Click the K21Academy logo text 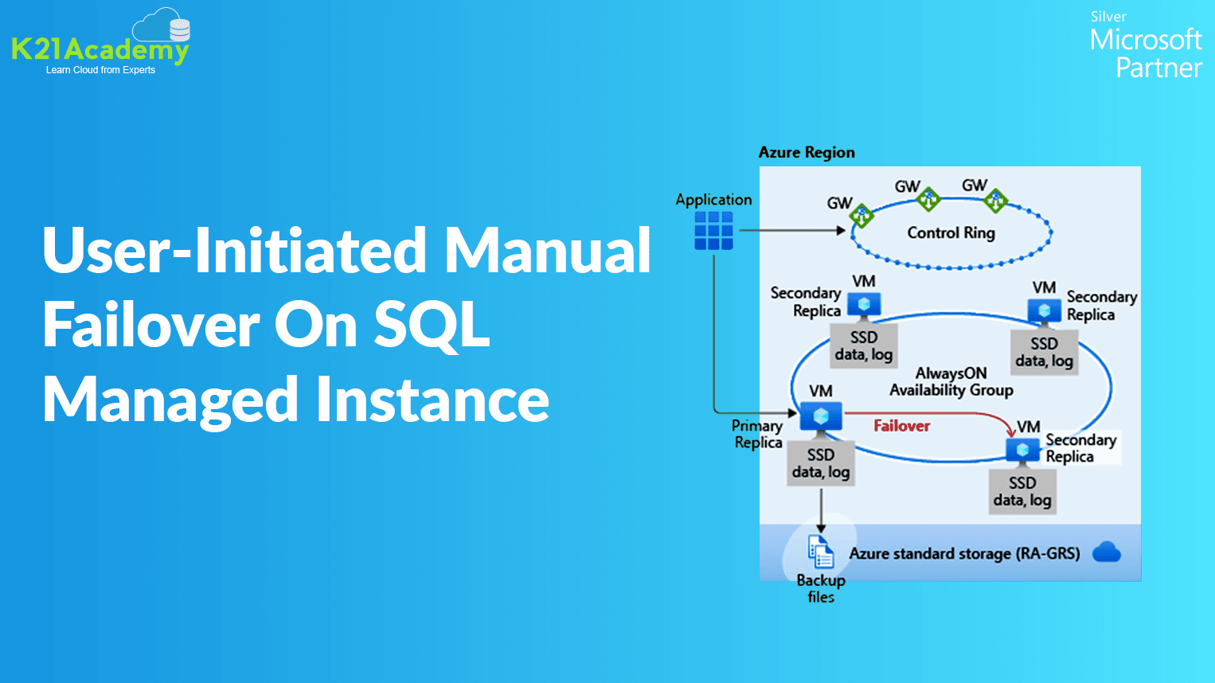100,50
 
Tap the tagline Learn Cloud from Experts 100,70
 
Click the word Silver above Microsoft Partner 1108,17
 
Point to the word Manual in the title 547,250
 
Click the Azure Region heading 807,152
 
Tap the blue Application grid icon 713,231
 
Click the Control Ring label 951,232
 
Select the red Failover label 901,426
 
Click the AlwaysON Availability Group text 951,381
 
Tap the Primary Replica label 757,434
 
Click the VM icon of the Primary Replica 821,416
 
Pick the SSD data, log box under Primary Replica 821,463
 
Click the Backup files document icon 820,551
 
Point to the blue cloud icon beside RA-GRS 1106,552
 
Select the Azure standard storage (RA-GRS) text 964,553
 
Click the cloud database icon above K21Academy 162,26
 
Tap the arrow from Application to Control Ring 791,231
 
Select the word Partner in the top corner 1158,68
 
